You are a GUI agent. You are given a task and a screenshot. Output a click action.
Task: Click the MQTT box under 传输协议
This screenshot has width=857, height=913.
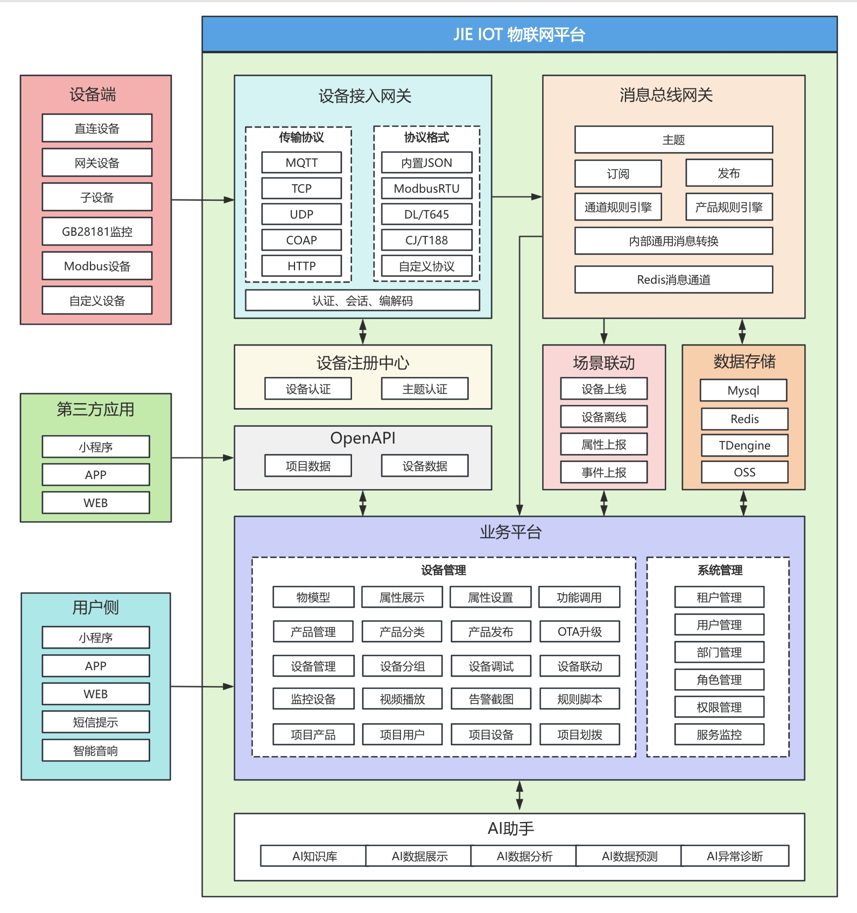[x=301, y=163]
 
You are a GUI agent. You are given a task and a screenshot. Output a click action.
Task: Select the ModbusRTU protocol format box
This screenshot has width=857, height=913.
[x=426, y=188]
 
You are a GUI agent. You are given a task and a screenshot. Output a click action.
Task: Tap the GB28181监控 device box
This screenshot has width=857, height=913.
[x=97, y=231]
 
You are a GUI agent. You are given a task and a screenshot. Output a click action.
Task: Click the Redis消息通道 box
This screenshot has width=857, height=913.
[x=673, y=279]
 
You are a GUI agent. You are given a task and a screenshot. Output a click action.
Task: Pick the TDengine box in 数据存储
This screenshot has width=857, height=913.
[x=744, y=445]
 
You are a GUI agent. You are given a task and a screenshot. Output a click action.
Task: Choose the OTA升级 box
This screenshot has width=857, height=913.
[x=579, y=631]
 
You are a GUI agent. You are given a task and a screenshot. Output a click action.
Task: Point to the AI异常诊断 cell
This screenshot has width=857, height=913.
[x=734, y=856]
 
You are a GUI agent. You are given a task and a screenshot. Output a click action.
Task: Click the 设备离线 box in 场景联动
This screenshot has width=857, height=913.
[x=603, y=417]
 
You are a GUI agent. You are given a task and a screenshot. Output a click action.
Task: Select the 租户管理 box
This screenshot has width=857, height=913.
[x=719, y=597]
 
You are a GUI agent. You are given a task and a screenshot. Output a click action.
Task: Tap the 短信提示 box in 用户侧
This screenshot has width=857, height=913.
[x=96, y=722]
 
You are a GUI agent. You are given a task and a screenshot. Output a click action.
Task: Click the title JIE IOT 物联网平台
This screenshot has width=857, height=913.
[x=519, y=34]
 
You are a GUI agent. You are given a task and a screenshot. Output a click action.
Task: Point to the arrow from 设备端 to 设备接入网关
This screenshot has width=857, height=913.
[x=202, y=200]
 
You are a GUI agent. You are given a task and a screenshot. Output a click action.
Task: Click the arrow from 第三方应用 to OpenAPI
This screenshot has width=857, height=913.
[x=202, y=458]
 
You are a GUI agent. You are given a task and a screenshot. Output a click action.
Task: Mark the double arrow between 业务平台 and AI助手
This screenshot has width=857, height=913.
[x=519, y=796]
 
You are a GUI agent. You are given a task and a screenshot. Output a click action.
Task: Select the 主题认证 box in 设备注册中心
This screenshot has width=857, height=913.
[x=425, y=389]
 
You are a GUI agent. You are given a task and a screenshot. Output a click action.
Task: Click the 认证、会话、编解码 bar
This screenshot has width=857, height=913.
[x=362, y=300]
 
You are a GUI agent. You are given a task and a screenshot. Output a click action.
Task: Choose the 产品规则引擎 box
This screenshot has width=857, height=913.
[x=729, y=207]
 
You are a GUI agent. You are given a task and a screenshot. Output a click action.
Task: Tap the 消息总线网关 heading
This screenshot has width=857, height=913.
[x=666, y=95]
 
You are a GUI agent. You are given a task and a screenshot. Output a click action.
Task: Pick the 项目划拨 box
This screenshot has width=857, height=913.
[x=579, y=734]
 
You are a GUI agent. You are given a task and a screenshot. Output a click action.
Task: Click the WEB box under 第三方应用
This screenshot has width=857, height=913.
[x=96, y=503]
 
